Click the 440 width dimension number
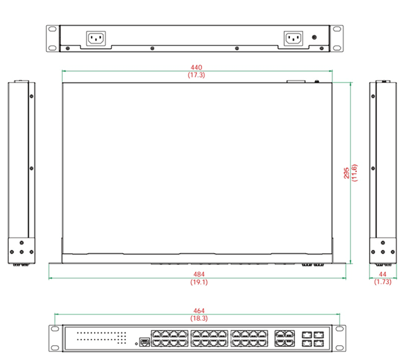coord(197,67)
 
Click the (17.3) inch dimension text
coord(197,75)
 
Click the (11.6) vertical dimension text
coord(355,172)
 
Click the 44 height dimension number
coord(382,274)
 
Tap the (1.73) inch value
coord(382,282)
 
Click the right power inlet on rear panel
coord(293,38)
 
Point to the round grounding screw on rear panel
coord(314,37)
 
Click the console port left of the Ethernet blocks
coord(144,342)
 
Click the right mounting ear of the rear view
coord(337,38)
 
